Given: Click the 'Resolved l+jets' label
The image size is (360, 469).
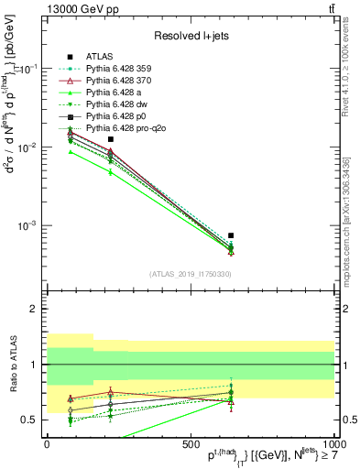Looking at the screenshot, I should [190, 36].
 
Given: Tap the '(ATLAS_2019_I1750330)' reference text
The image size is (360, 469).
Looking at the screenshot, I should [190, 274].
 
